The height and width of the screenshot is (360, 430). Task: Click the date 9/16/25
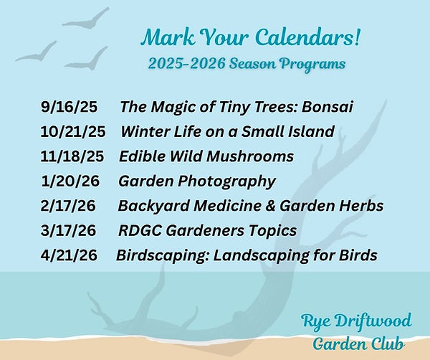coord(69,106)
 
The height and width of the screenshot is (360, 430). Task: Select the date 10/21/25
coord(73,131)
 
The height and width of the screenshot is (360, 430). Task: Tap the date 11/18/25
coord(72,156)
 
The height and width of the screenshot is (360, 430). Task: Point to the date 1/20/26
coord(70,181)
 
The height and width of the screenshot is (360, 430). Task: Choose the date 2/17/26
coord(68,206)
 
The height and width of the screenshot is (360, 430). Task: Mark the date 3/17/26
coord(69,230)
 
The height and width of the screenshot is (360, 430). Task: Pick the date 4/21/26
coord(69,255)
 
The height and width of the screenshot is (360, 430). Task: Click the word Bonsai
coord(328,106)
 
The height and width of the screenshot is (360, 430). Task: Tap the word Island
coord(311,131)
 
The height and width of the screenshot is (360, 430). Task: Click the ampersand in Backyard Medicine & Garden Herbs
coord(270,206)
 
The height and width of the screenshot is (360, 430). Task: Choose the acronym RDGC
coord(140,230)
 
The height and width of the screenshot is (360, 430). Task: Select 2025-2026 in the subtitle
coord(187,64)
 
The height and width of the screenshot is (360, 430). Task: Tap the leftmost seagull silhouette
coord(37,54)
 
